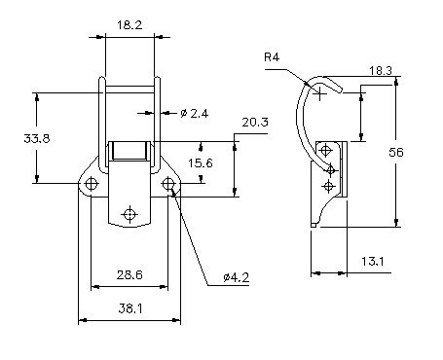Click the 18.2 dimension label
point(129,25)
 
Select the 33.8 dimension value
point(37,138)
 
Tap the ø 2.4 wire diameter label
point(194,113)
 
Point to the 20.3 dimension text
point(255,123)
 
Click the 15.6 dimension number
point(201,162)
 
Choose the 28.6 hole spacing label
point(129,275)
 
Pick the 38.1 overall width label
point(129,308)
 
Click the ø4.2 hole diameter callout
point(237,277)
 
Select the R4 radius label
point(272,57)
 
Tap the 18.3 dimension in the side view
point(381,71)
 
